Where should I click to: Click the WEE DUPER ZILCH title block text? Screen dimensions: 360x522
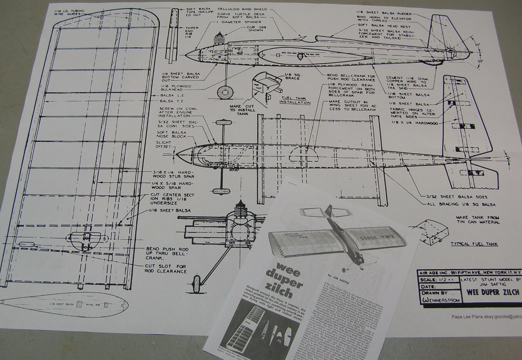point(493,292)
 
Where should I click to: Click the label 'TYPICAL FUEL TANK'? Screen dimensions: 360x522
point(474,244)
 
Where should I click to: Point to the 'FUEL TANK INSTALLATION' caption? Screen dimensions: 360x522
point(295,100)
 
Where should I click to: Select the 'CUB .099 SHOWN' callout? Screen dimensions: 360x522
point(255,28)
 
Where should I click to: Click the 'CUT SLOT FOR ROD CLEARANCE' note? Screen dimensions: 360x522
point(166,269)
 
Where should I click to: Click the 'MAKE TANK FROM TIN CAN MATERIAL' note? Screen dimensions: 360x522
point(478,219)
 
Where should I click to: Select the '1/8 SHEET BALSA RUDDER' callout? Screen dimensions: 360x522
point(384,14)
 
